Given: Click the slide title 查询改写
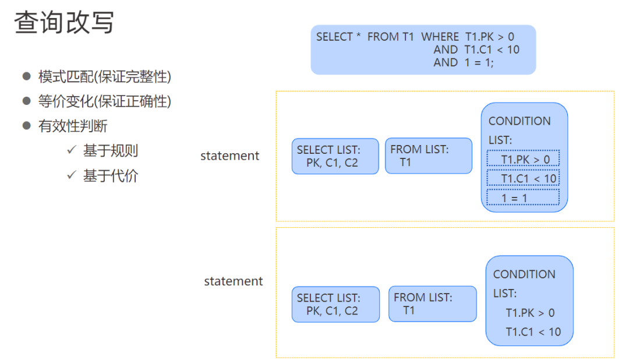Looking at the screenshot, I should [64, 23].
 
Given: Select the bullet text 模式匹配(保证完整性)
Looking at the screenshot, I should [105, 76].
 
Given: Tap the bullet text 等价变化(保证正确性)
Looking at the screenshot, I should [105, 101].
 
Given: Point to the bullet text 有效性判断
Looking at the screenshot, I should [73, 126].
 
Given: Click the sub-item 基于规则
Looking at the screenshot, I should [111, 151].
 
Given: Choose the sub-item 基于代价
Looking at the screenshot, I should [111, 176].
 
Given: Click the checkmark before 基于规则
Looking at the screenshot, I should [72, 150].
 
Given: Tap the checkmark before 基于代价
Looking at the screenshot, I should [72, 175].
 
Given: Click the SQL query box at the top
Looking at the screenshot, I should [423, 50].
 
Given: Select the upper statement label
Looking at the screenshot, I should [229, 156].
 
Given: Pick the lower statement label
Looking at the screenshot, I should [233, 281].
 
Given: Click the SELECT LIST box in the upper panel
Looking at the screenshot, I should [335, 156].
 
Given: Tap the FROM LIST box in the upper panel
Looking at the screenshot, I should [428, 156].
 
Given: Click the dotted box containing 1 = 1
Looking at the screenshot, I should [523, 197].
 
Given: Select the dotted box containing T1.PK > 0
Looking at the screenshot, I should [523, 158].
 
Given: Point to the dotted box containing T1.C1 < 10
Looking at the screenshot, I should [523, 178].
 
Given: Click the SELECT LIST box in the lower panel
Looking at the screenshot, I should [335, 304].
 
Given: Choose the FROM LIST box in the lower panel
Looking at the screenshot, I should [432, 303].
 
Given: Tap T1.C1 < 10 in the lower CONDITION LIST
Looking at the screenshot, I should [533, 332].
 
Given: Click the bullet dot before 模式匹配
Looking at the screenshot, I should [26, 76].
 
